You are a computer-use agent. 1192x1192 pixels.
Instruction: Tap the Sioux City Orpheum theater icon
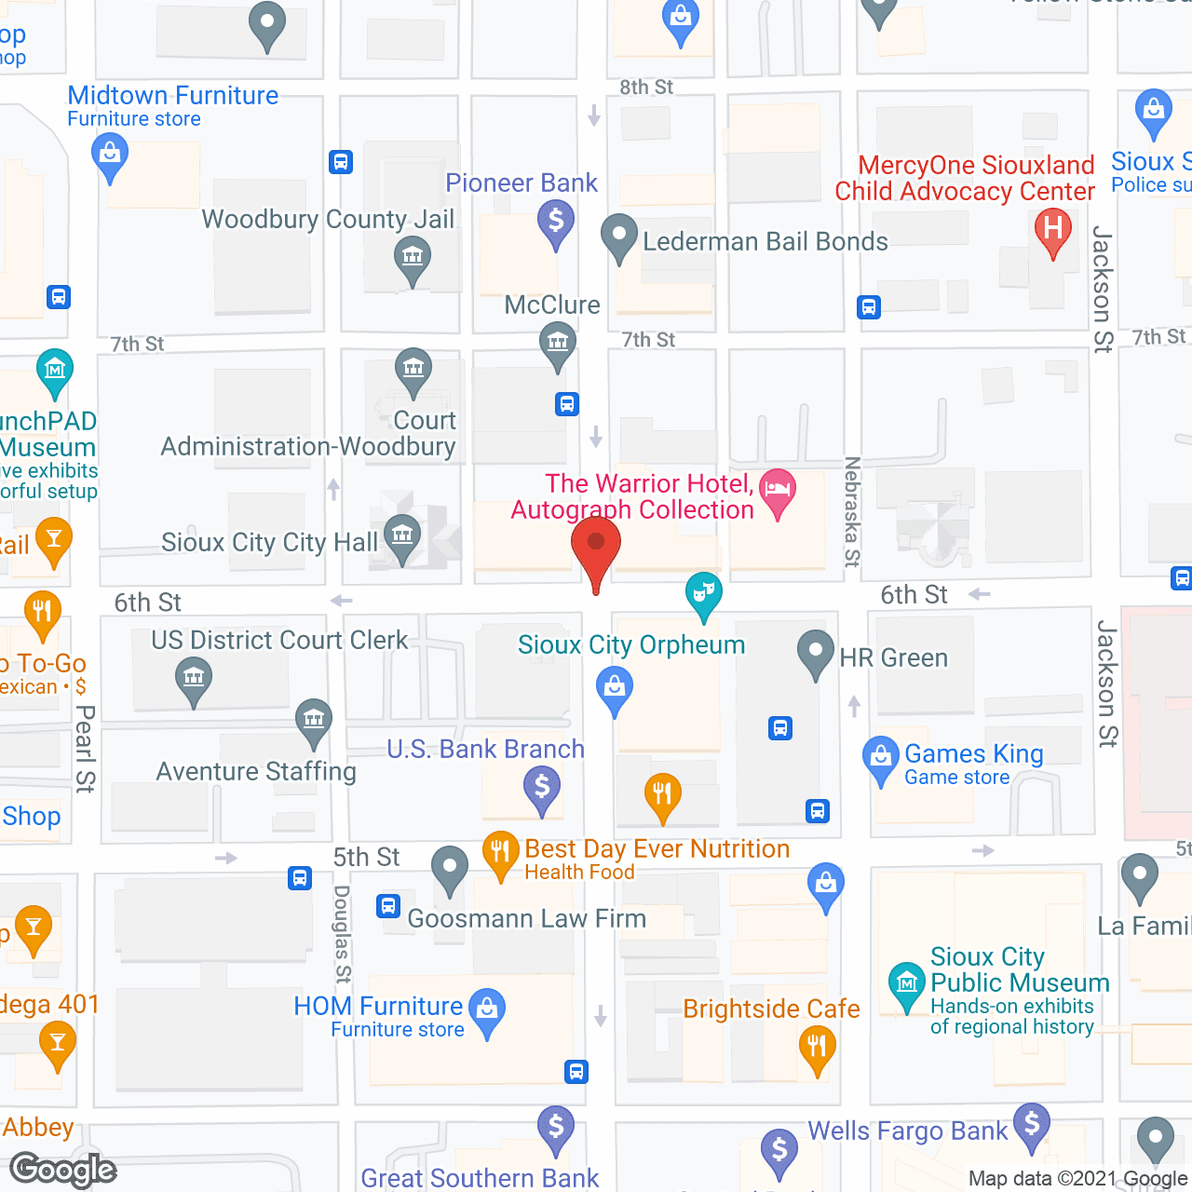[x=704, y=592]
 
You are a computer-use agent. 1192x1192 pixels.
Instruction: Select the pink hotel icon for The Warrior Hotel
[x=778, y=490]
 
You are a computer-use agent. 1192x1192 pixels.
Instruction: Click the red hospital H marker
[x=1053, y=229]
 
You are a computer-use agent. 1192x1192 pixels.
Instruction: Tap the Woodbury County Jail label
[x=328, y=219]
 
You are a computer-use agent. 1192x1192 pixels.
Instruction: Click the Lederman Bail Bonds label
[x=765, y=242]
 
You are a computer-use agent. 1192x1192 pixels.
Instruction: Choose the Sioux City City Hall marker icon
[x=402, y=536]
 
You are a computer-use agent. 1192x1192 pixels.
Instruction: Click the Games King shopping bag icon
[x=880, y=758]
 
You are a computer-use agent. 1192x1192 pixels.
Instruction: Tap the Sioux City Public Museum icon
[x=906, y=983]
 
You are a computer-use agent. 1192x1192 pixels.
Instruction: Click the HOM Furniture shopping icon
[x=487, y=1009]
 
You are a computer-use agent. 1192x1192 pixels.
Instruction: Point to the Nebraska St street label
[x=851, y=511]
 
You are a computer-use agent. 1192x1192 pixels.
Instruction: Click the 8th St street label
[x=646, y=88]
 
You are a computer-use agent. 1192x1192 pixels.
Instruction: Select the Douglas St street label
[x=343, y=933]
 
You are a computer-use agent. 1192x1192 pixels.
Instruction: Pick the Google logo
[x=62, y=1170]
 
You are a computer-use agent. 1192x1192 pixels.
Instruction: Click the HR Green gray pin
[x=816, y=652]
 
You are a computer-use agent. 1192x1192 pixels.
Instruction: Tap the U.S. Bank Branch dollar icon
[x=542, y=788]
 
